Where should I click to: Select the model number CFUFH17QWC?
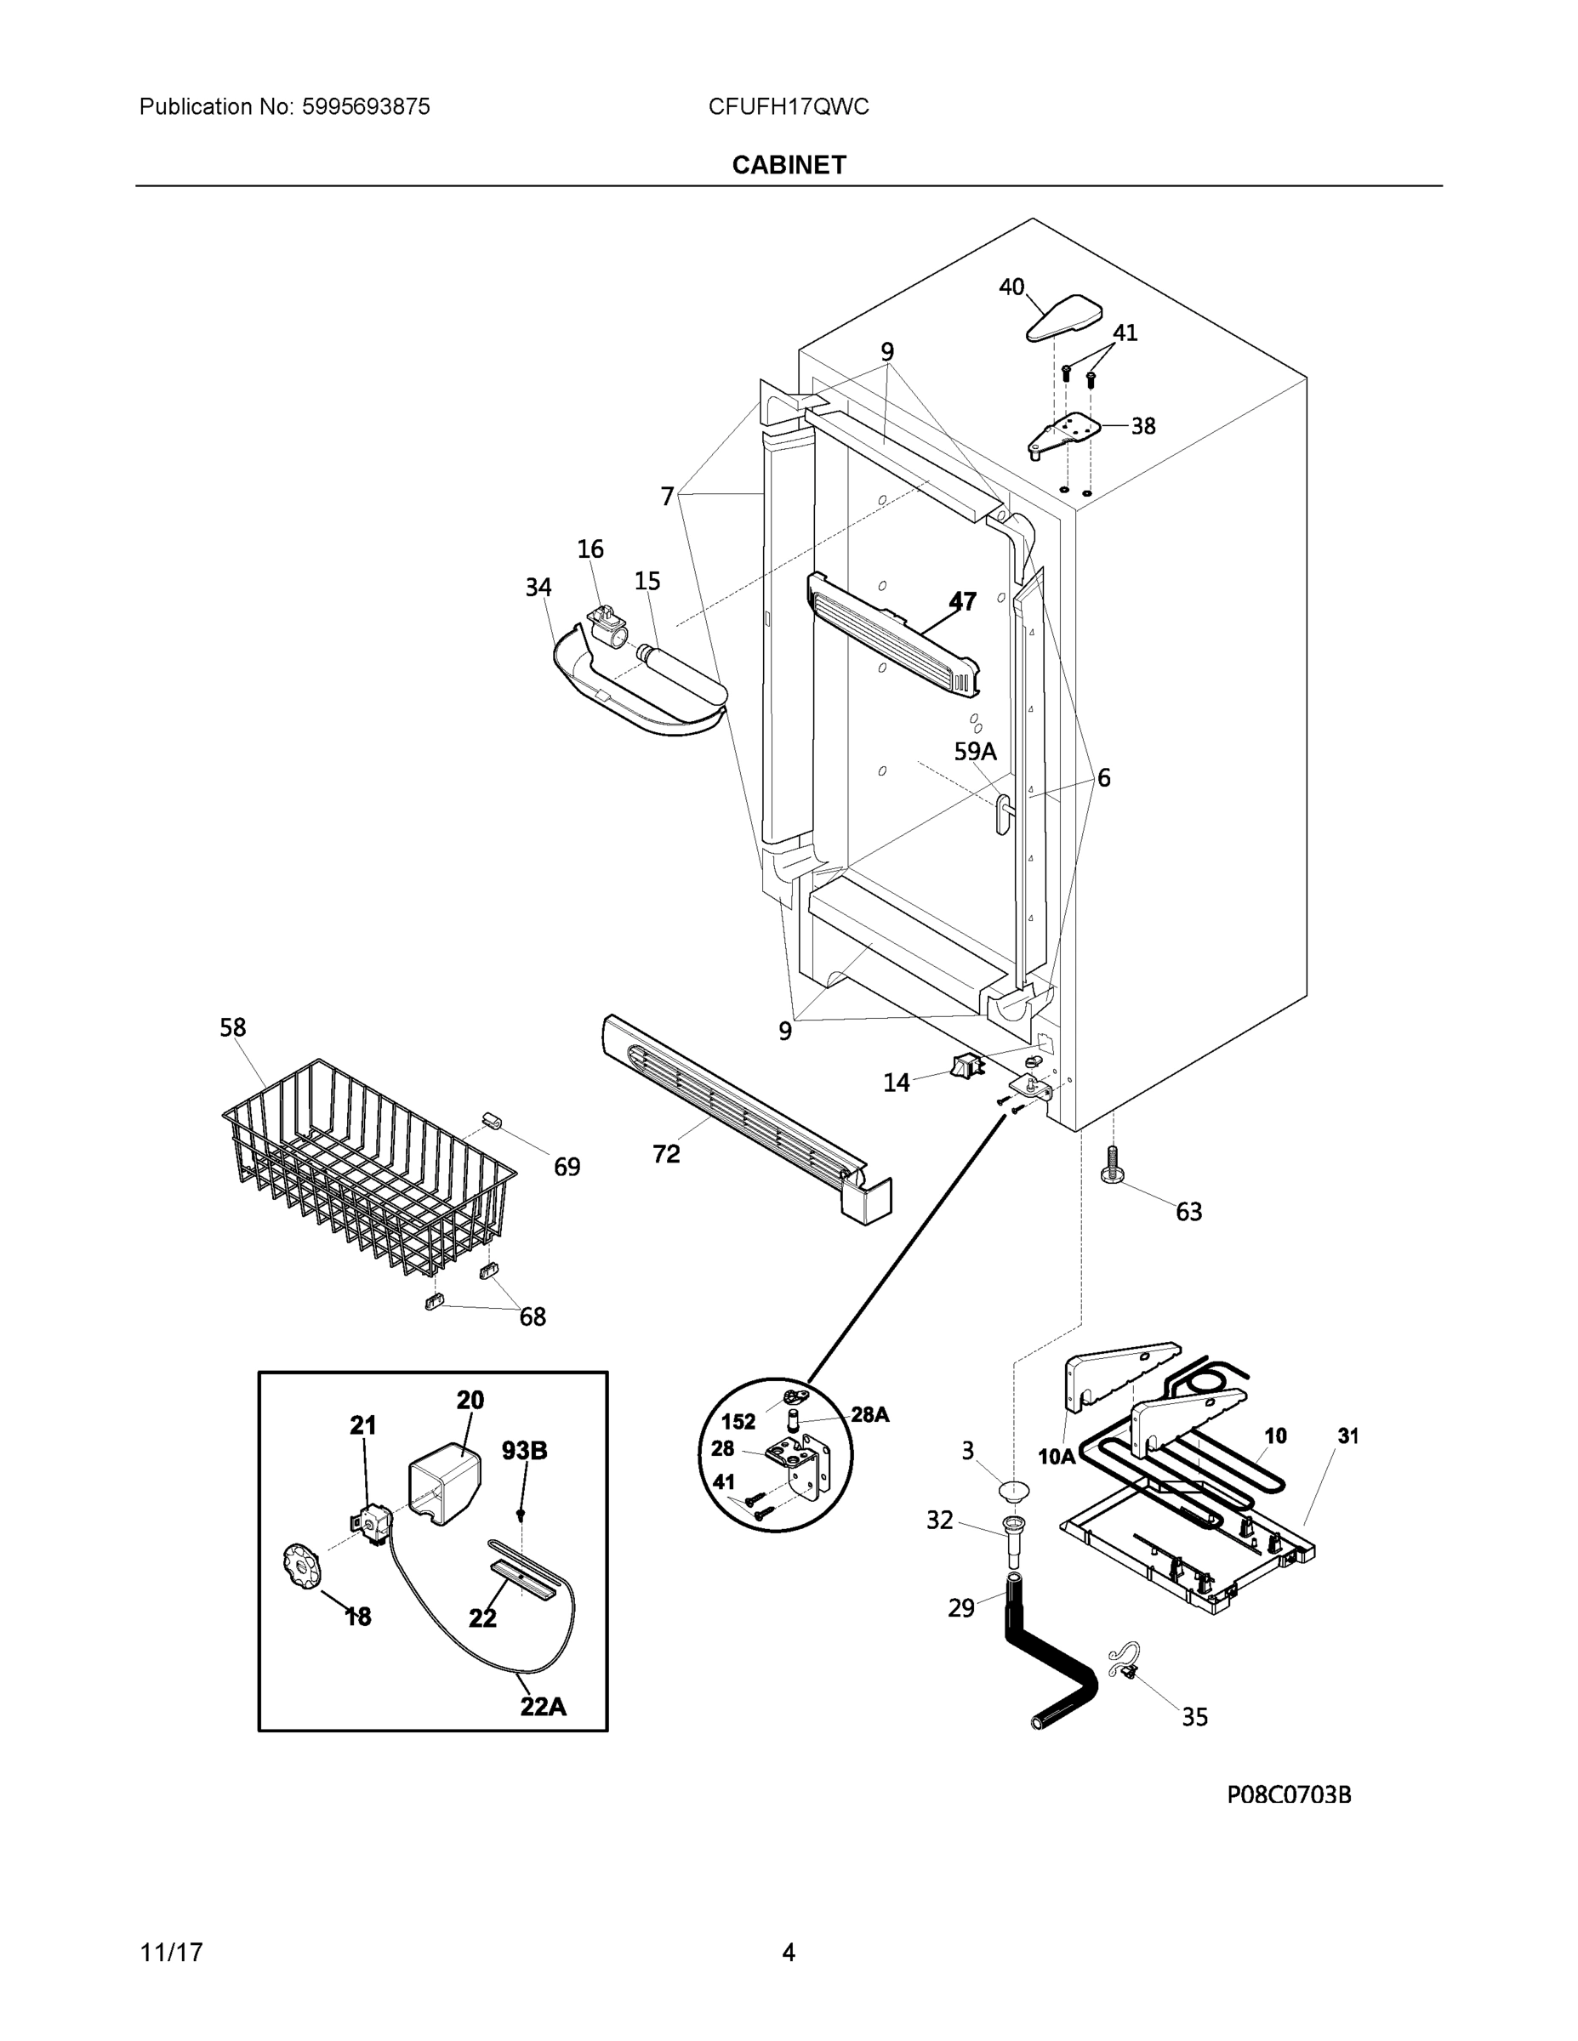pos(788,106)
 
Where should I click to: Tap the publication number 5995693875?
pos(366,106)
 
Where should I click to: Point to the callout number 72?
pos(665,1155)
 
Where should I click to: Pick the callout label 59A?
pos(974,752)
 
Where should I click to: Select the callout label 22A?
pos(543,1707)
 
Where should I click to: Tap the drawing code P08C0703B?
pos(1288,1794)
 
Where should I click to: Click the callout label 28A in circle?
pos(869,1415)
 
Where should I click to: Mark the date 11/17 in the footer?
pos(171,1953)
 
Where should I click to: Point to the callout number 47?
pos(962,601)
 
